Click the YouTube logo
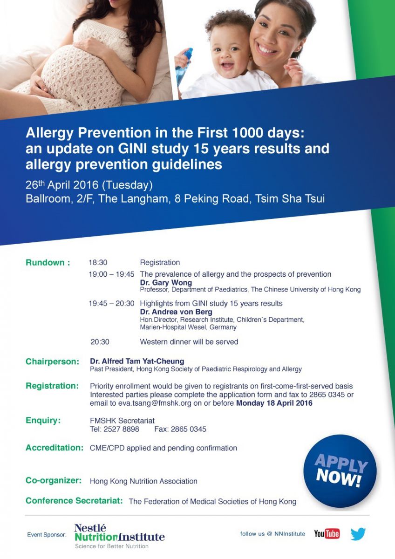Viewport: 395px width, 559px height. [x=327, y=533]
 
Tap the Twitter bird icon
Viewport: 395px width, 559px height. [x=358, y=534]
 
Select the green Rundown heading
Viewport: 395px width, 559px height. [x=48, y=263]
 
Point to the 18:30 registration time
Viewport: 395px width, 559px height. [x=98, y=263]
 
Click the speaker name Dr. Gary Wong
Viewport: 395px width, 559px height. [x=166, y=282]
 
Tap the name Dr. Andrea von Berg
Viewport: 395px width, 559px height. [x=176, y=312]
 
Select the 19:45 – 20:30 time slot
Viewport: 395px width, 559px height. [x=111, y=303]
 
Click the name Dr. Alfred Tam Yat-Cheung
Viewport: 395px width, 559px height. [x=137, y=361]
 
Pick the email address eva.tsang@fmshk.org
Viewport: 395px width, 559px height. [x=155, y=403]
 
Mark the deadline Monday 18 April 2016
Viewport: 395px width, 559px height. [x=274, y=403]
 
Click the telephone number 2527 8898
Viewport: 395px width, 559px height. [x=121, y=429]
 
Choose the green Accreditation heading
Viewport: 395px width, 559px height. [x=54, y=448]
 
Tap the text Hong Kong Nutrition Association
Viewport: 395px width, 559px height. [x=143, y=481]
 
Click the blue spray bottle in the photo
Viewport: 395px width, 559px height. [x=184, y=65]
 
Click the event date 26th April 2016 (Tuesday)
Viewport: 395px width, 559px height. [x=89, y=185]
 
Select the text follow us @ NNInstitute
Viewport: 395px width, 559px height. [x=272, y=534]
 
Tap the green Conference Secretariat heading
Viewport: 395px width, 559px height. [x=74, y=501]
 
